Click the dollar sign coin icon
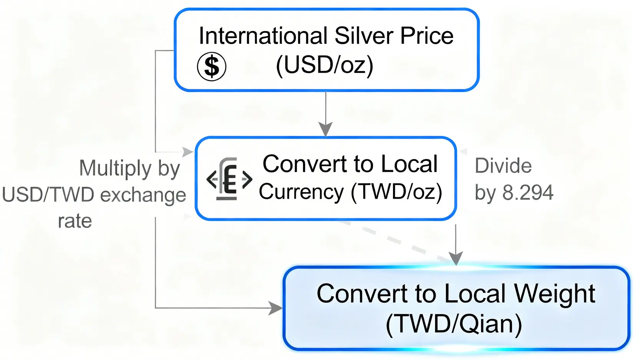pos(211,66)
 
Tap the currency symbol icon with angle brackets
pos(229,179)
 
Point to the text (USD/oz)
pos(325,65)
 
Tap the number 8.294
pos(528,192)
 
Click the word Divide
pos(503,166)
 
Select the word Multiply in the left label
pos(115,168)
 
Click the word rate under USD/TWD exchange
pos(75,221)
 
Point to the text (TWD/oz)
pos(396,191)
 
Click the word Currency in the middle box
pos(301,191)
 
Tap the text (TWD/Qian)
pos(454,324)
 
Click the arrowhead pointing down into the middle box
pos(326,129)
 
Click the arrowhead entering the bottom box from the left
pos(275,308)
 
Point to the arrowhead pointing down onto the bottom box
pos(456,259)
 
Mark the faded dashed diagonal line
pos(396,240)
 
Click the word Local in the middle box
pos(410,164)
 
